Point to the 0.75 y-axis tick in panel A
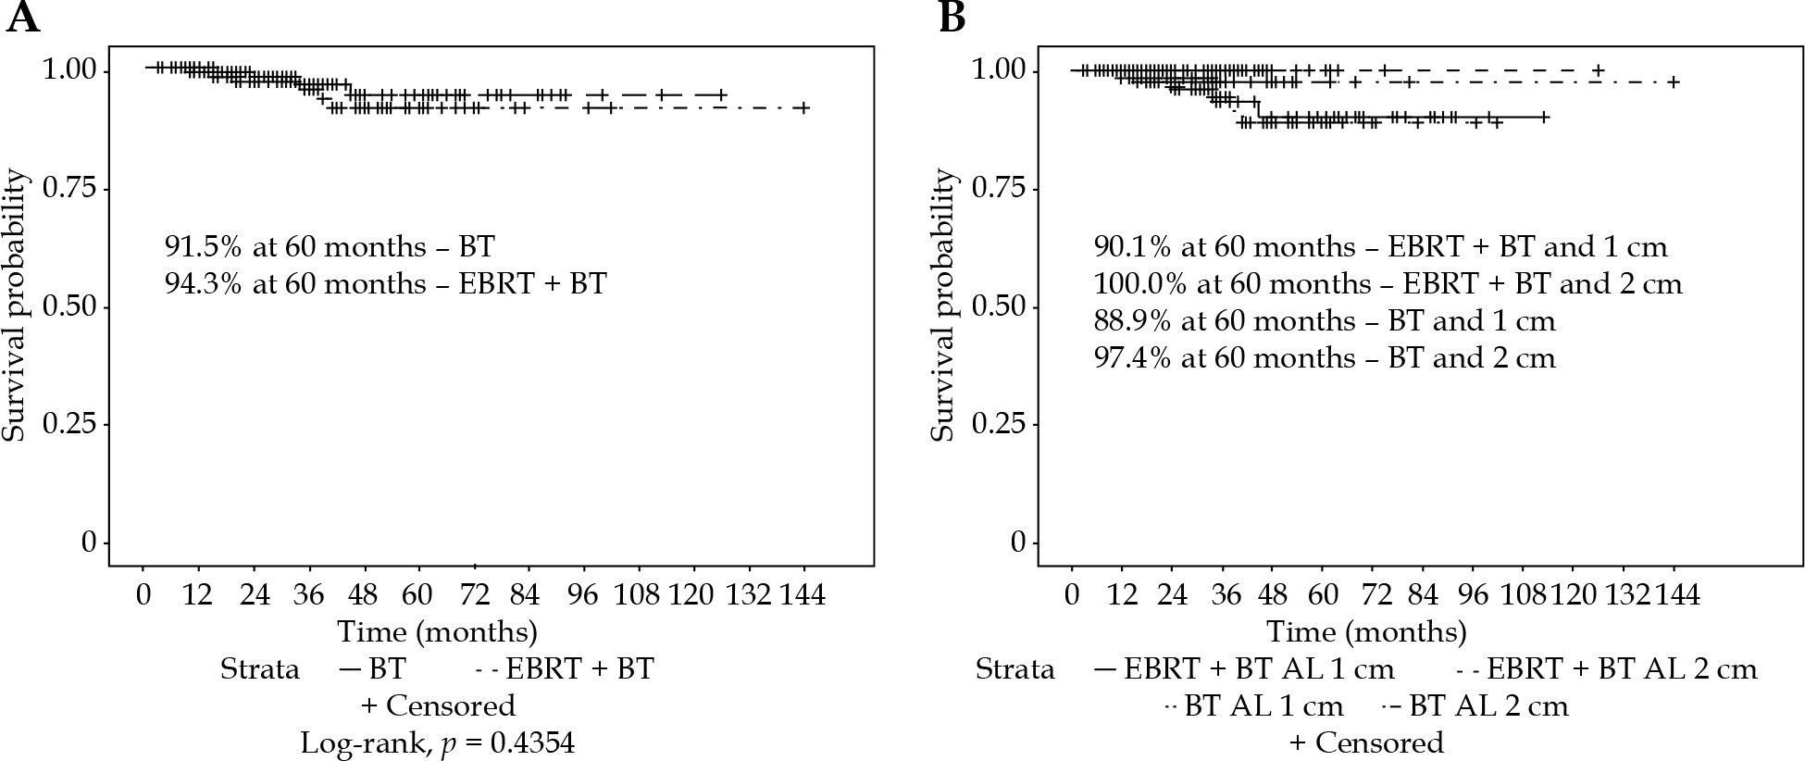tap(69, 189)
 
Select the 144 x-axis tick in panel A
tap(803, 593)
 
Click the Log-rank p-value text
tap(437, 742)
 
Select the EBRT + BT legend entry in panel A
tap(566, 668)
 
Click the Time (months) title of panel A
tap(437, 631)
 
